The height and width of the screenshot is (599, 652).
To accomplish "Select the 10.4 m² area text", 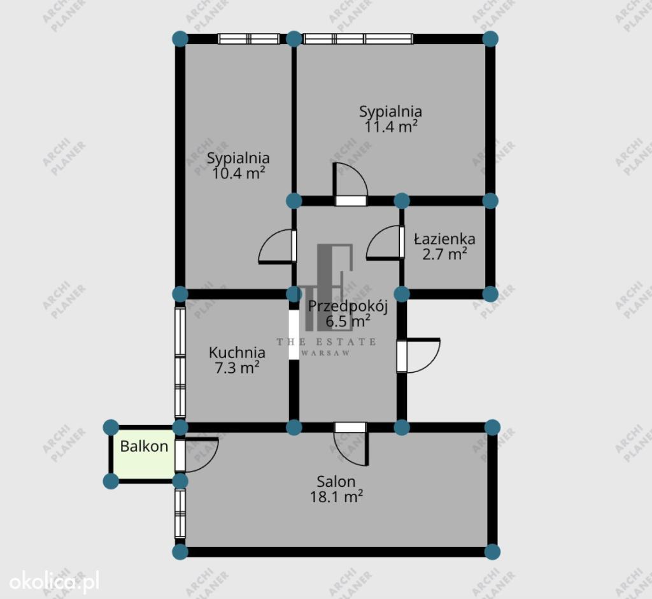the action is (x=239, y=173).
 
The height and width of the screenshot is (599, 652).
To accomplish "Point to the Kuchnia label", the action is (x=237, y=352).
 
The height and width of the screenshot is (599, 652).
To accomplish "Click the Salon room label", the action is (x=336, y=482).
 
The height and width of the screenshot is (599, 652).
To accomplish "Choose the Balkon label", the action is (x=144, y=446).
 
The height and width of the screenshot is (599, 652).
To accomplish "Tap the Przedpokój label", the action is (x=348, y=307).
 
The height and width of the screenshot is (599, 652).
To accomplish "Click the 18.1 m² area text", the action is (x=336, y=496).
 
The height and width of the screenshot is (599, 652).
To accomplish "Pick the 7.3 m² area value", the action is (x=237, y=368).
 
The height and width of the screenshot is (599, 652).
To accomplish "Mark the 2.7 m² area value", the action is (x=444, y=254).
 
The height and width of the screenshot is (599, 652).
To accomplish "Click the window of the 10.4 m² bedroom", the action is (x=249, y=39).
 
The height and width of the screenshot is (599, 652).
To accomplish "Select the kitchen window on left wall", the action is (x=180, y=362).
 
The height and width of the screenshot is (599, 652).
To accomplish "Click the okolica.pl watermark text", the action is (x=54, y=582).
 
